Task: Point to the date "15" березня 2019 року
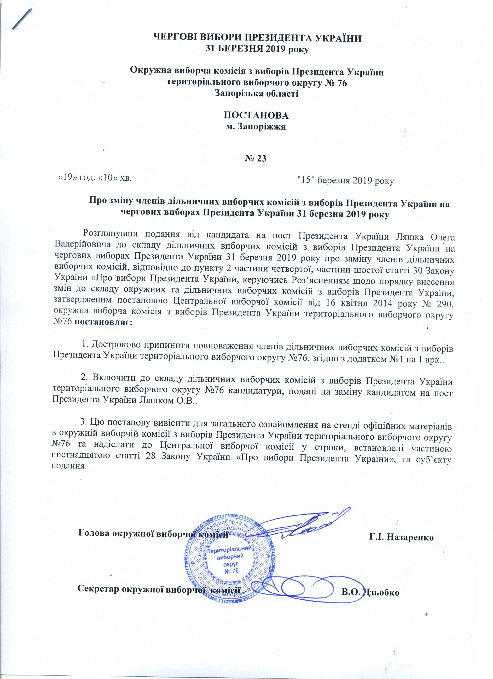click(345, 180)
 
